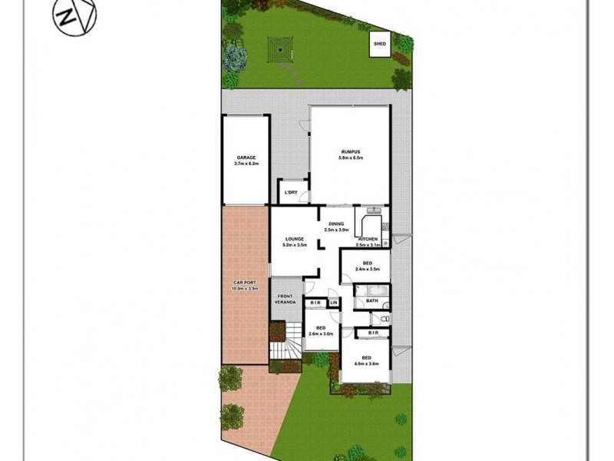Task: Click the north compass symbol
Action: pos(74,18)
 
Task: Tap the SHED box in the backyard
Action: pos(379,45)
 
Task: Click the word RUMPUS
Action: pos(351,151)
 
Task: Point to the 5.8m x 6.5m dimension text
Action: pos(351,158)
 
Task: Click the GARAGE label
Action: pos(246,158)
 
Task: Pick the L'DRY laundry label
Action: pos(291,191)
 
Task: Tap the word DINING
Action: pos(337,224)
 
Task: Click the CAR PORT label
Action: pos(246,282)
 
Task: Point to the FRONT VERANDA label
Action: pos(286,299)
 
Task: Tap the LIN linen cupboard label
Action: pos(333,303)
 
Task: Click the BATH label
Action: pos(372,300)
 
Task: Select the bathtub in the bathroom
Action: pos(372,290)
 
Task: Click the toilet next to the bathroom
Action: pos(385,317)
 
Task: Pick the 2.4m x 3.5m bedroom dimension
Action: pos(368,270)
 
